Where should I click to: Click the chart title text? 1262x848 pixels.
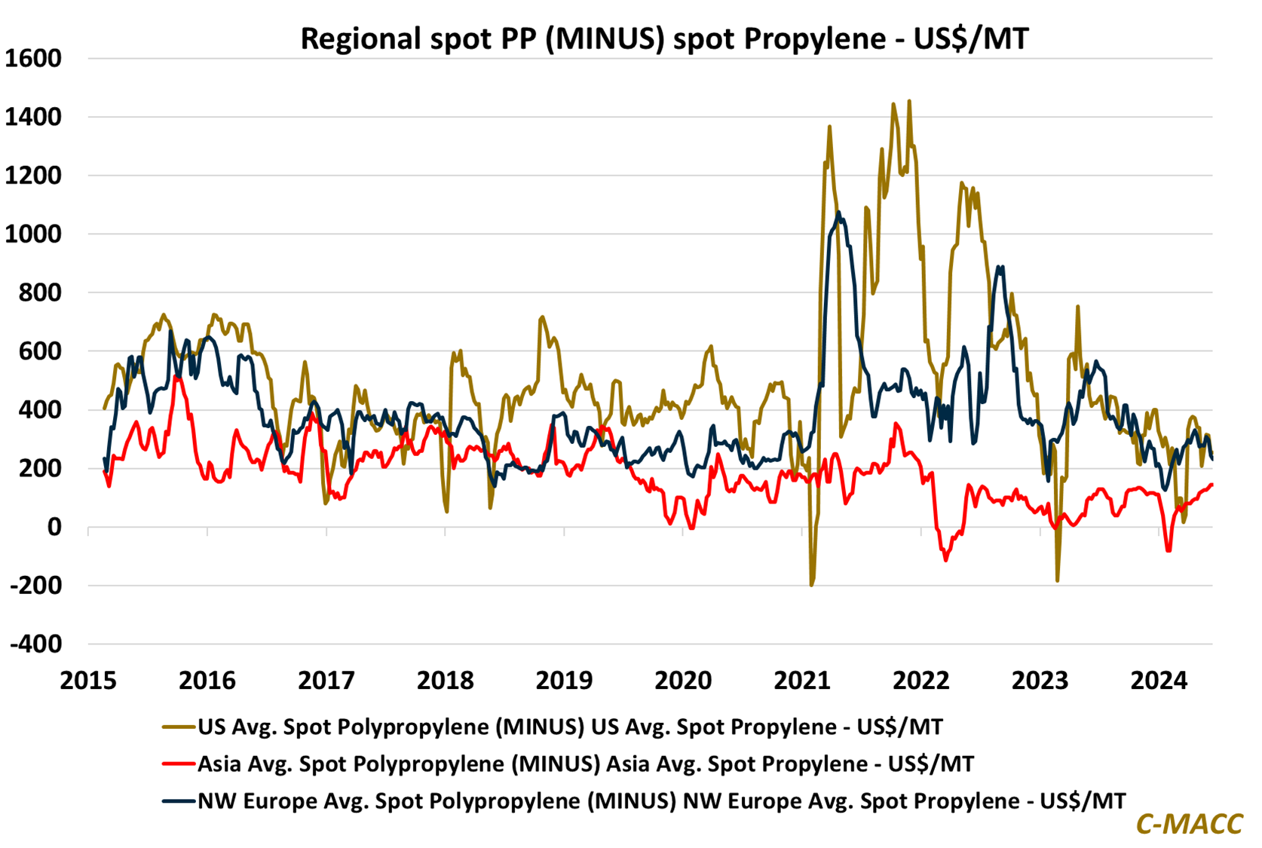point(664,38)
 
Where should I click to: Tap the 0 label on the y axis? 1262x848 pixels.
point(54,528)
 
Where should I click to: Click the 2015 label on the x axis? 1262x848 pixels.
point(88,681)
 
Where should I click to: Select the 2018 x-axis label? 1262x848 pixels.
point(445,681)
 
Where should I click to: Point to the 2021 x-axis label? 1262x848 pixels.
point(802,681)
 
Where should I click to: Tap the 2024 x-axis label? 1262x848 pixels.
point(1159,681)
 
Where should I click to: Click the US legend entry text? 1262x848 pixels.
point(570,727)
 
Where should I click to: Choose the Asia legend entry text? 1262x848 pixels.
point(586,764)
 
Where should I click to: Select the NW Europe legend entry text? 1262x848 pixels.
point(662,801)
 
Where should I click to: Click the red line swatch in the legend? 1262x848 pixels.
point(179,764)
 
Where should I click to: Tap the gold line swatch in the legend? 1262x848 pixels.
point(179,727)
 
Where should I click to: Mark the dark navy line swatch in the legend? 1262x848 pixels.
point(179,801)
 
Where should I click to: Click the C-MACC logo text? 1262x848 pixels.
point(1189,823)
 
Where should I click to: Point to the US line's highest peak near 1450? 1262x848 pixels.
point(908,101)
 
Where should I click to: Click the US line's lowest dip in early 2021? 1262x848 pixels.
point(811,585)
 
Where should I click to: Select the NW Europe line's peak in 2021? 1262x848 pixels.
point(838,213)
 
